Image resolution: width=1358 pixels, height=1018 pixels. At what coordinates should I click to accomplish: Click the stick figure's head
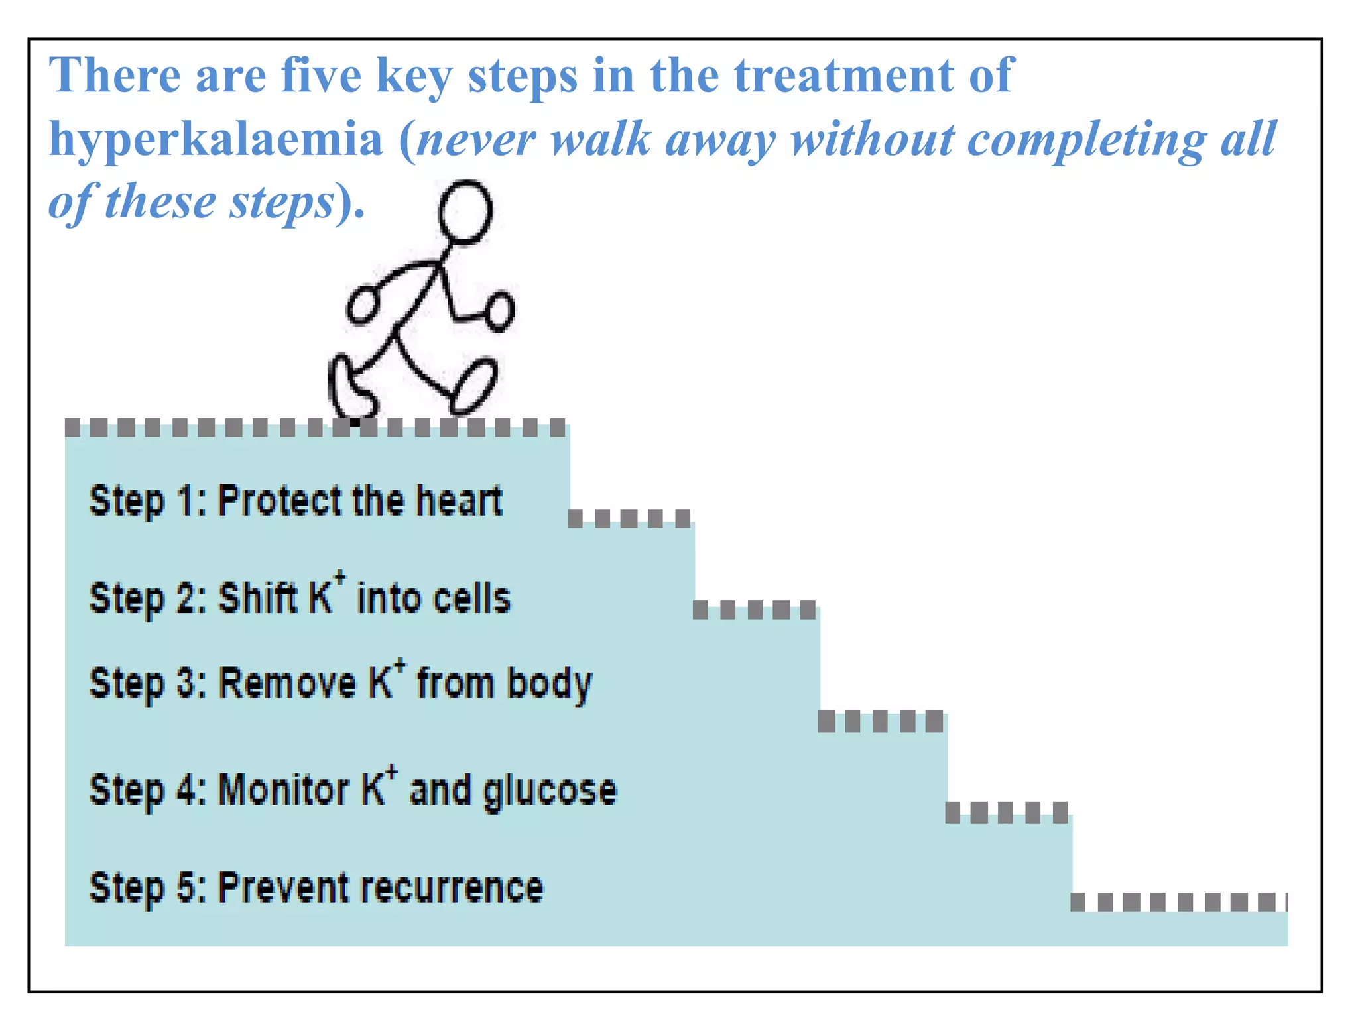pyautogui.click(x=465, y=211)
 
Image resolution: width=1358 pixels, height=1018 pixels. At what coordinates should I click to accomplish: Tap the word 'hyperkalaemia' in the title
pyautogui.click(x=216, y=140)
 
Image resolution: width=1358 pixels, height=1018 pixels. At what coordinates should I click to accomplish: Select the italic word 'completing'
pyautogui.click(x=1087, y=140)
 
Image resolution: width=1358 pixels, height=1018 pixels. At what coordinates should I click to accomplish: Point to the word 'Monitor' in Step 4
pyautogui.click(x=284, y=790)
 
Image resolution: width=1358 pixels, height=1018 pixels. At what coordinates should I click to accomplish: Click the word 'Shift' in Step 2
pyautogui.click(x=258, y=598)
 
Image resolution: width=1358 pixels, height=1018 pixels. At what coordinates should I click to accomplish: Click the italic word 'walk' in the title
pyautogui.click(x=601, y=140)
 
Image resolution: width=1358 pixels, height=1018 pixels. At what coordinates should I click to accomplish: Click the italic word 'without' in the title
pyautogui.click(x=871, y=140)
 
